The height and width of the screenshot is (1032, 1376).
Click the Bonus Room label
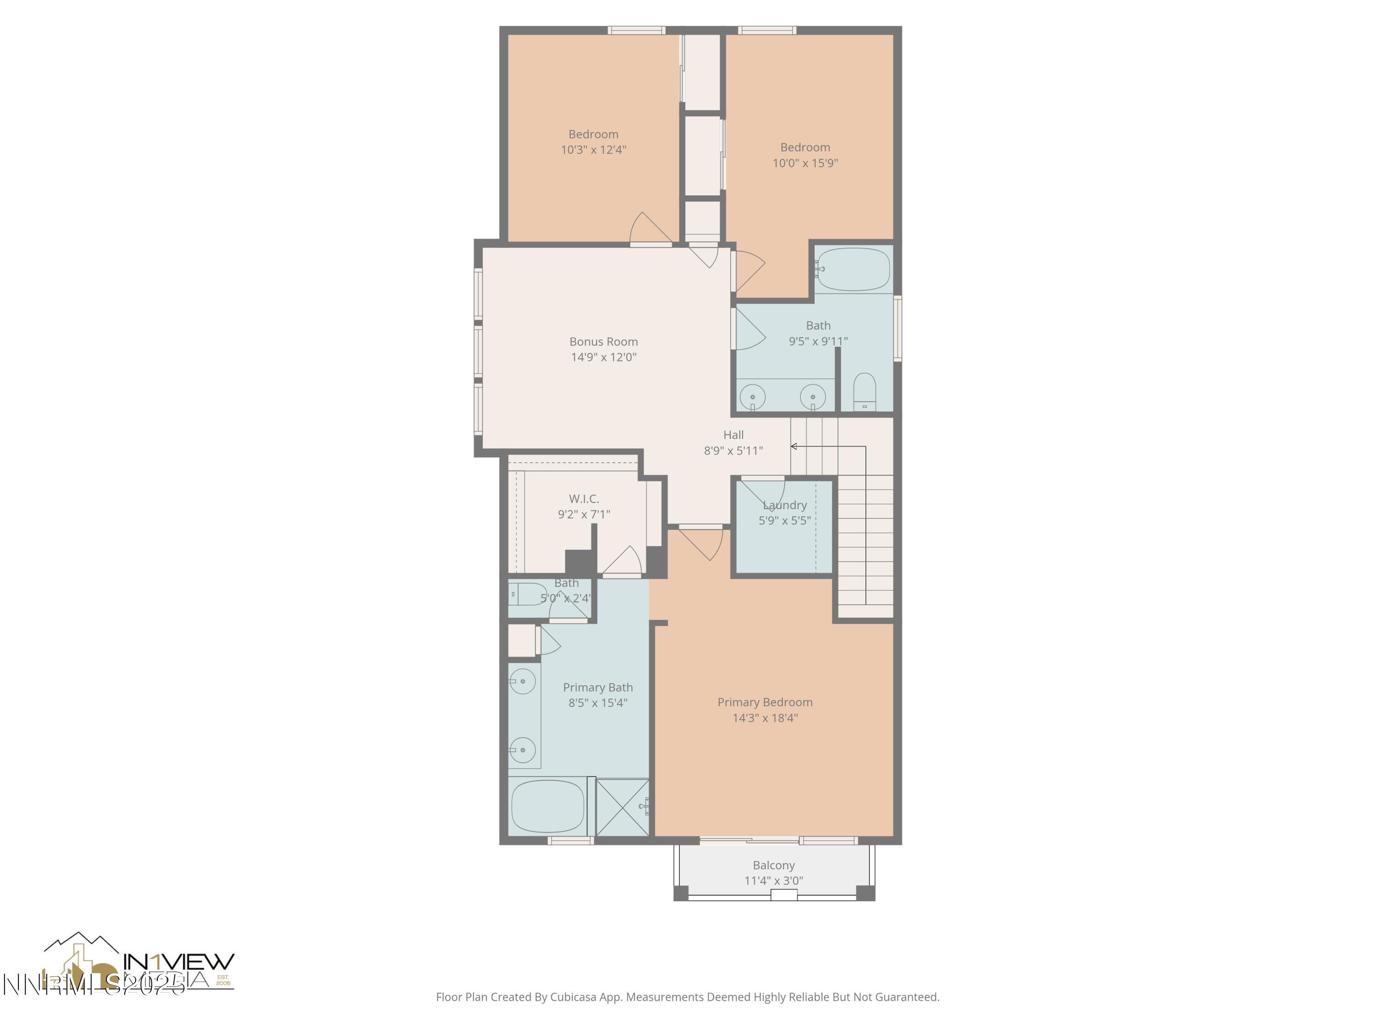click(604, 342)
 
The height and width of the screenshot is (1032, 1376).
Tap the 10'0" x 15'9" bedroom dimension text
click(805, 163)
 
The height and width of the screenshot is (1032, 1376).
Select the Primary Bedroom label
click(765, 702)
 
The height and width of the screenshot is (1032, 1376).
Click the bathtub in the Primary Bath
click(547, 806)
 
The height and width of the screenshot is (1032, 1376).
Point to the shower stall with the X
click(622, 807)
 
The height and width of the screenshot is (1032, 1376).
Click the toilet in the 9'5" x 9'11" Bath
click(864, 392)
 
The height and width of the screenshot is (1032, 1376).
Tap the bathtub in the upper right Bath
click(854, 269)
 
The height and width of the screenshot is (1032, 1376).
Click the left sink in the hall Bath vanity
click(753, 396)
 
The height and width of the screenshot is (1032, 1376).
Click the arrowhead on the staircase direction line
click(794, 446)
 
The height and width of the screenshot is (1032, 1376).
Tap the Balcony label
click(773, 866)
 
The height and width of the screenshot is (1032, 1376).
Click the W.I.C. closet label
click(583, 499)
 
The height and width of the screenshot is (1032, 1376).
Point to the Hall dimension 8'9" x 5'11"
click(733, 450)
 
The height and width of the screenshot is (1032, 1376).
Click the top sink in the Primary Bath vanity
click(522, 681)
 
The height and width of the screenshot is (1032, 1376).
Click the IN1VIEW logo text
click(179, 962)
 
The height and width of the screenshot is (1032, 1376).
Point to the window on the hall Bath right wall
click(897, 328)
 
